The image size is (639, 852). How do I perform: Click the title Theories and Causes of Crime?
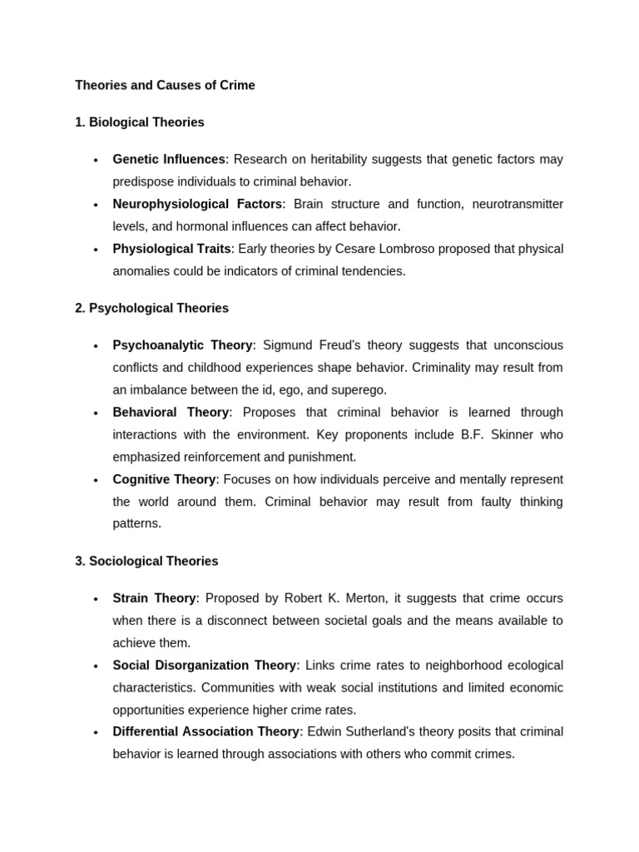(165, 85)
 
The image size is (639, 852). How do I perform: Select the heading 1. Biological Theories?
(139, 122)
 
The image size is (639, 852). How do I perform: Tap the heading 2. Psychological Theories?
(151, 308)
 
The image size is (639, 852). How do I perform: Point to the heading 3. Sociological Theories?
(146, 561)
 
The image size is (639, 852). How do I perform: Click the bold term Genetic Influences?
(169, 159)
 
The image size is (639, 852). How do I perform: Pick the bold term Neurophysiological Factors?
(197, 204)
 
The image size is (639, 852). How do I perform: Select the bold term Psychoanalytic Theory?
(182, 345)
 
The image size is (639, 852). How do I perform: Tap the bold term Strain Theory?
(154, 598)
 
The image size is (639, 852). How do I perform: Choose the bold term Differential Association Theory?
(206, 731)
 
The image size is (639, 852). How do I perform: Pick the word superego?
(362, 389)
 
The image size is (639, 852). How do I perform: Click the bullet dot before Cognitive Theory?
(96, 480)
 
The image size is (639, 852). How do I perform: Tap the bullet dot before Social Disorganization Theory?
(96, 666)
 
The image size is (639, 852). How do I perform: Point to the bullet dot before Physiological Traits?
(96, 250)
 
